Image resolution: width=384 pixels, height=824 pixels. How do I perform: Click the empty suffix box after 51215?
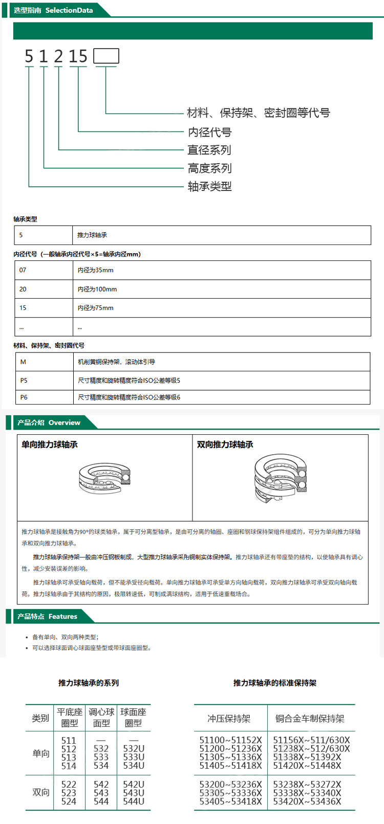point(106,56)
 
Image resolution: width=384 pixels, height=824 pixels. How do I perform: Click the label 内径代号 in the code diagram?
point(209,132)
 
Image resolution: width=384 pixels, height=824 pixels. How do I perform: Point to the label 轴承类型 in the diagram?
point(209,186)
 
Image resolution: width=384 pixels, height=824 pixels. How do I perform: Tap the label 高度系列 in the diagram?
point(209,168)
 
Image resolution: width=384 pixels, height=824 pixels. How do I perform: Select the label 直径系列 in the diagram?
point(209,150)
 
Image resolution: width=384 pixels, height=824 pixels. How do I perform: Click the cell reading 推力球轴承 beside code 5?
point(92,235)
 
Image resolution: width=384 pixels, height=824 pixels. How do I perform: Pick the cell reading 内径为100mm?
point(97,289)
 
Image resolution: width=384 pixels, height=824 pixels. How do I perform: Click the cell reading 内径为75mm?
point(96,308)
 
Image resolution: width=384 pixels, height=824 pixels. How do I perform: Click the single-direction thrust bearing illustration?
point(105,478)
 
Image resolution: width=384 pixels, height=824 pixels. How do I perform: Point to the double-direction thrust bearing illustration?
point(280,478)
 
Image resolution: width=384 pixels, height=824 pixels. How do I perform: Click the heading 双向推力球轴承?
point(225,444)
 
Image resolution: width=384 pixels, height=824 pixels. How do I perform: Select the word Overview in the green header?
point(65,422)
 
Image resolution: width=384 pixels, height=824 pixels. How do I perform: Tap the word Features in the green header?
point(63,616)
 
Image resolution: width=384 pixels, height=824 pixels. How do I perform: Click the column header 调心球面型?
point(101,717)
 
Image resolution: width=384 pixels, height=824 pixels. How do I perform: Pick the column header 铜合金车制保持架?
point(310,719)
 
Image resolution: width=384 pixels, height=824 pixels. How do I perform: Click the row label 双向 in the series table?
point(41,792)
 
